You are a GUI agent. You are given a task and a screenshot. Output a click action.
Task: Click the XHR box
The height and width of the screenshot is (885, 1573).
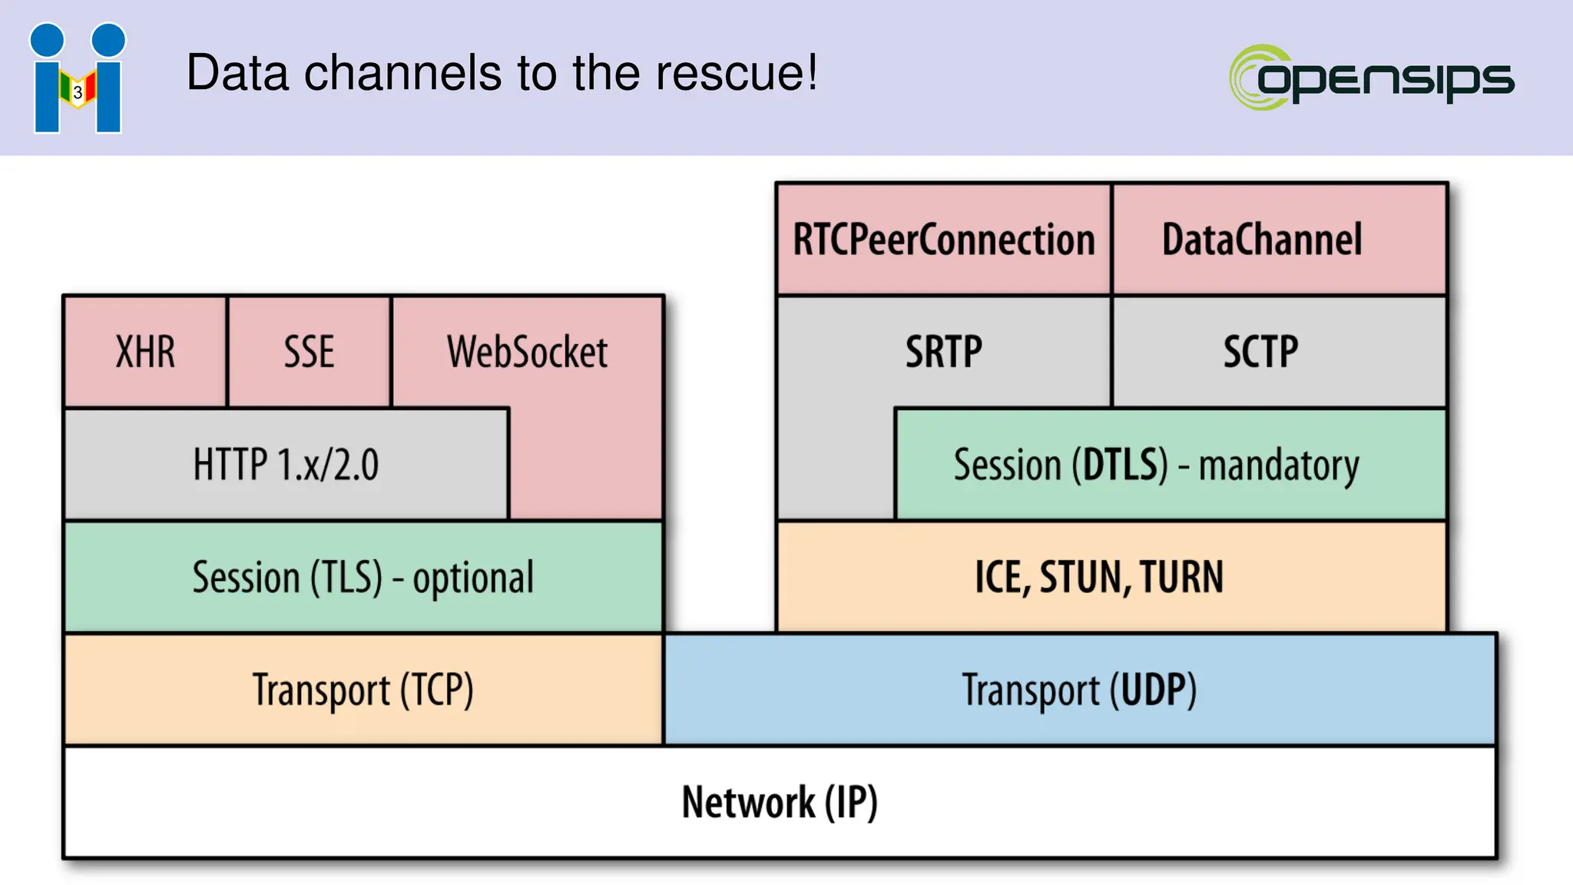(x=145, y=352)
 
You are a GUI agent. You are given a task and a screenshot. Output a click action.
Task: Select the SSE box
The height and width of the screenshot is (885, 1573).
(x=309, y=352)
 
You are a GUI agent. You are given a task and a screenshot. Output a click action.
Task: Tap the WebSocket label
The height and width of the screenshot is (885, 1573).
(x=527, y=352)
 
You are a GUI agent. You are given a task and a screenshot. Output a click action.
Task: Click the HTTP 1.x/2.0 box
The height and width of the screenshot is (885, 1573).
(x=286, y=465)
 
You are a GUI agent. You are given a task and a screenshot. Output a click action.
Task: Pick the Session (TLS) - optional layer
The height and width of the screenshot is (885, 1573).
(x=363, y=578)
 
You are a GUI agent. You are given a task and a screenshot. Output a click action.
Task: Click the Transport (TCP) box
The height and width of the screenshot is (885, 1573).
(x=363, y=690)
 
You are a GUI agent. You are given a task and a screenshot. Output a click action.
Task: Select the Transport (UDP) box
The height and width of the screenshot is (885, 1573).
(x=1079, y=690)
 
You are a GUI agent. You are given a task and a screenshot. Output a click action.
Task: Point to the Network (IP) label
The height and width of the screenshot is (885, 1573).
(x=780, y=802)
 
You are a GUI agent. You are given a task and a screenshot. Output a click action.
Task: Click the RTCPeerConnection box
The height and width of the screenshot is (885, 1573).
(x=943, y=240)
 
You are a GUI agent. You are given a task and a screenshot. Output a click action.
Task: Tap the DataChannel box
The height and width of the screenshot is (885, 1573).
(x=1262, y=240)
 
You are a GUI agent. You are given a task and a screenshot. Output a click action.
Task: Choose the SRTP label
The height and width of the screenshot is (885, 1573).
(x=943, y=352)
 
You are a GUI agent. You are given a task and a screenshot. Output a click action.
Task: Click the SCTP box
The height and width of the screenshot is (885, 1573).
(x=1260, y=352)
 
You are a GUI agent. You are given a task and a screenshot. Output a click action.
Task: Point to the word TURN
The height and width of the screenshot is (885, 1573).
(x=1181, y=578)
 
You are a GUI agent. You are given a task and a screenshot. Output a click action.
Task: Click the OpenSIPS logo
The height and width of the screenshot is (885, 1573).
(x=1371, y=78)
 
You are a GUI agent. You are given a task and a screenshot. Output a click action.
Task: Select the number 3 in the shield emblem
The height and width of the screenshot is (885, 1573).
(x=78, y=93)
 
